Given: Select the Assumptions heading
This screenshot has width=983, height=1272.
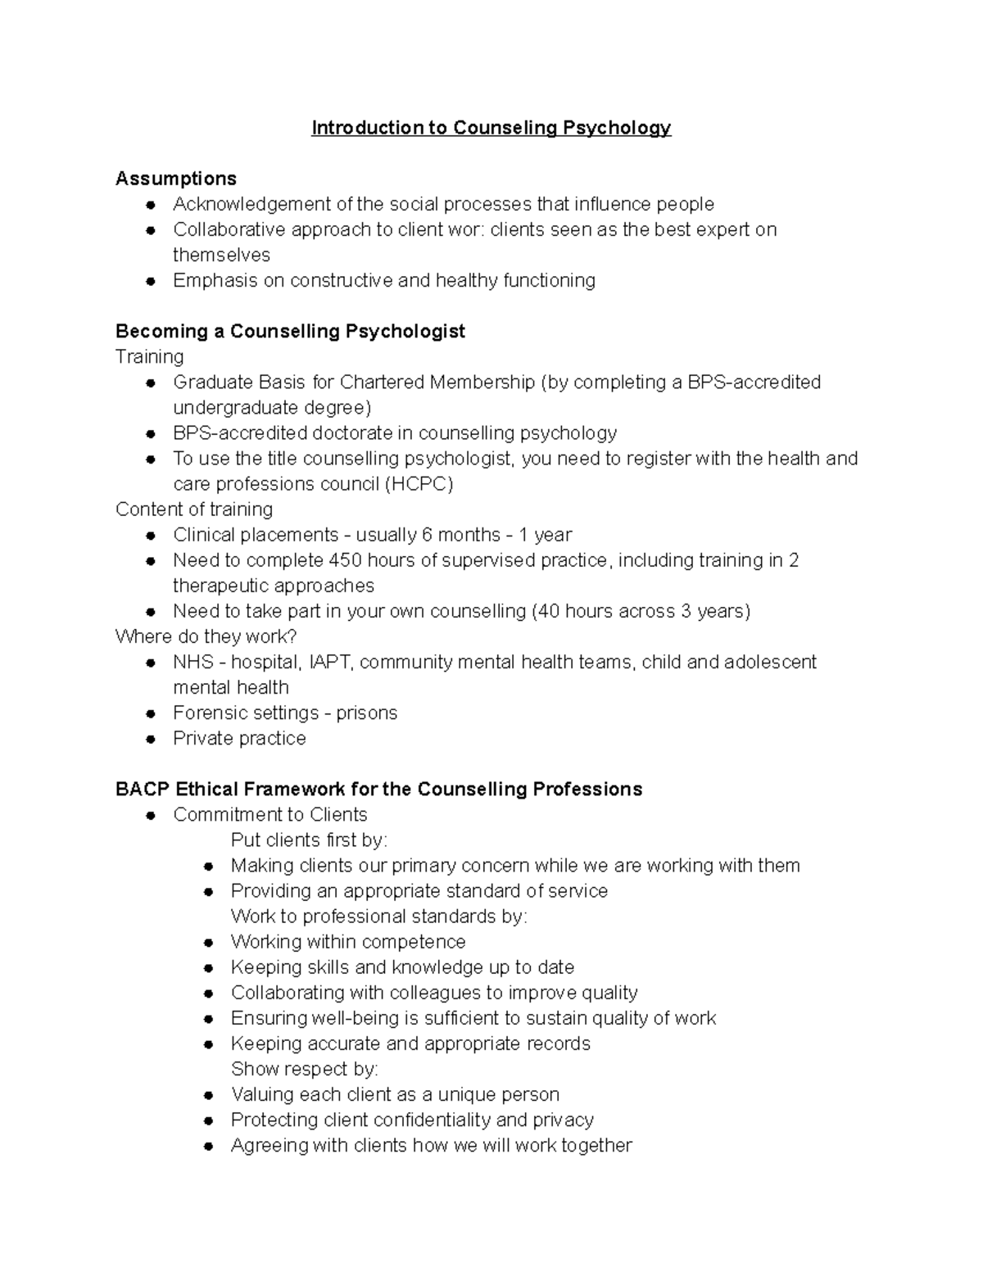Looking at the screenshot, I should tap(176, 179).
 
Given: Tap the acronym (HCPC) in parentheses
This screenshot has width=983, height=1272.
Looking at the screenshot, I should tap(419, 484).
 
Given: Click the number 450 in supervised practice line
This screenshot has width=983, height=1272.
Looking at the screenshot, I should tap(345, 560).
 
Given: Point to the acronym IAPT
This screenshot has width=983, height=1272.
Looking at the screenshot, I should tap(331, 662).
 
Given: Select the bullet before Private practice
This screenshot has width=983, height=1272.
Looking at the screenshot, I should tap(151, 739).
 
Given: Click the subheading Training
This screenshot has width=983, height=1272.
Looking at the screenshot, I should tap(150, 356).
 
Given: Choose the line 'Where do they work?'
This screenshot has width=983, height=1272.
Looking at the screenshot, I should tap(206, 636).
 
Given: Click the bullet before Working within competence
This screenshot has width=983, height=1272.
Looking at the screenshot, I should tap(209, 943).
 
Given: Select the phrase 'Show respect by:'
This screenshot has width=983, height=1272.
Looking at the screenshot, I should tap(304, 1069).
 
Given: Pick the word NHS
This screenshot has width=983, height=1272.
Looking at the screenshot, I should tap(193, 662).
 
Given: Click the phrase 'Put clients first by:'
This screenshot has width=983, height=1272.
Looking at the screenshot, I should tap(309, 840).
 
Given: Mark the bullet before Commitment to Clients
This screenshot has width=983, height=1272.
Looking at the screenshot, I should tap(151, 815).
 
